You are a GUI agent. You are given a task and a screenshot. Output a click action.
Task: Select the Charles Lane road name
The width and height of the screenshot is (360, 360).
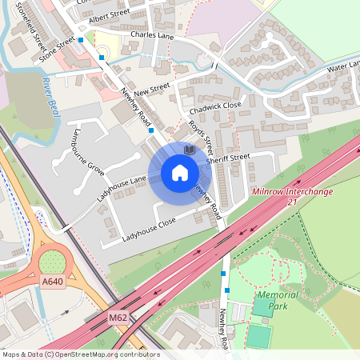[152, 35]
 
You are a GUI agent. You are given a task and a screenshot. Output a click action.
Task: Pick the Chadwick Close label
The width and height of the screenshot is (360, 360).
[215, 106]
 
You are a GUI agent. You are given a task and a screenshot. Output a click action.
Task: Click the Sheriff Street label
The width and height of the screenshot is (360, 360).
[229, 158]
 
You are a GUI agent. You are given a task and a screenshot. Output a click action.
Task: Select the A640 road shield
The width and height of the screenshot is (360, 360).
[53, 282]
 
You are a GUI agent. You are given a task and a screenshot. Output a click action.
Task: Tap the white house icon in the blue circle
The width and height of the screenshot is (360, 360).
[179, 172]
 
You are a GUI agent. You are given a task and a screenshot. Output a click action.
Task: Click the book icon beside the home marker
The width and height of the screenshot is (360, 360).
[189, 150]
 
